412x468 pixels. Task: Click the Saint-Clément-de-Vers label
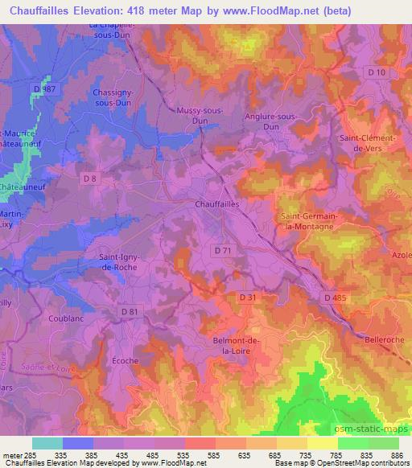pos(367,142)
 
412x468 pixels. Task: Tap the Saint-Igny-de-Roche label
pos(123,262)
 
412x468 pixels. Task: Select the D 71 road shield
pos(225,251)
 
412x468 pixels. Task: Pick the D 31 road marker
pos(249,298)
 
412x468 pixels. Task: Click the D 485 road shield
pos(336,298)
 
